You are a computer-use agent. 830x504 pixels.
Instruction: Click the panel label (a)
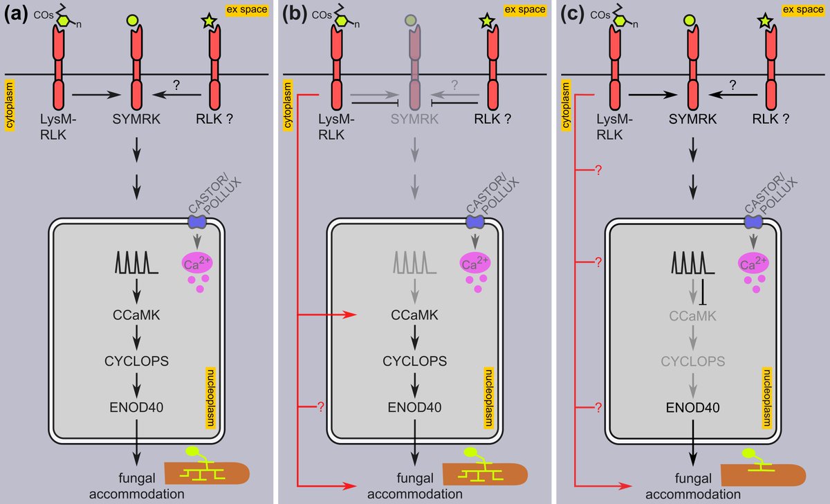17,15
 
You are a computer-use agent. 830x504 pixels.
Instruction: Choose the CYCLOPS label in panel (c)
693,361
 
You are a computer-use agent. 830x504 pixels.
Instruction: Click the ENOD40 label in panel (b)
415,406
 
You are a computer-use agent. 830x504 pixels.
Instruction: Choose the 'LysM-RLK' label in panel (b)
335,126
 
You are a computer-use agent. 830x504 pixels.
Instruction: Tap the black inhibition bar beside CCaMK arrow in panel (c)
703,293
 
